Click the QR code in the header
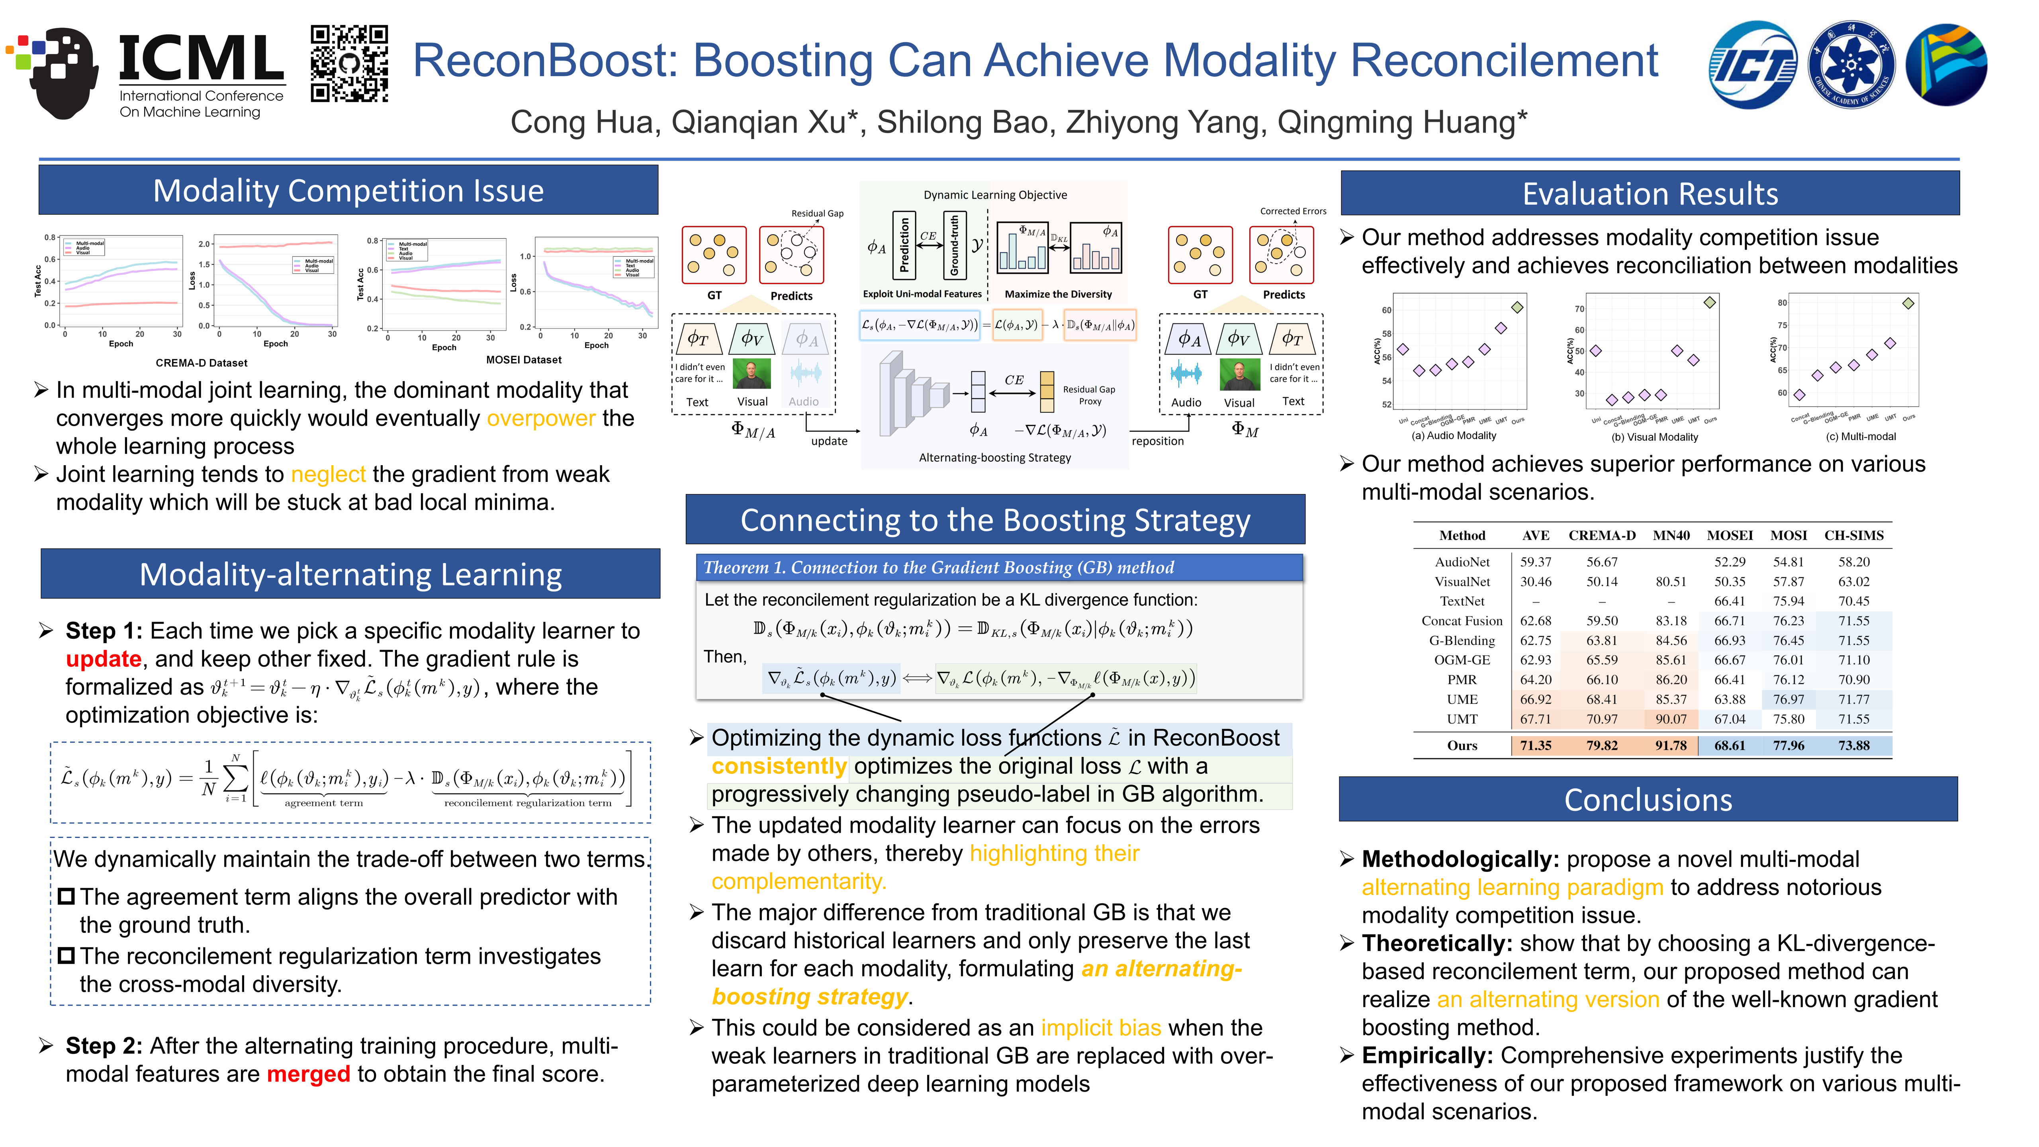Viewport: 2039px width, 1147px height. (x=349, y=64)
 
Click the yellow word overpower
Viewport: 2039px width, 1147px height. (x=541, y=418)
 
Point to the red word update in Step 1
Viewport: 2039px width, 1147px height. (x=103, y=659)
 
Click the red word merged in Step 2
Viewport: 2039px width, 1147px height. (x=308, y=1074)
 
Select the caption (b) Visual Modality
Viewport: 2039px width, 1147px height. (x=1654, y=437)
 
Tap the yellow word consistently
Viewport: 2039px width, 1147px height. (x=779, y=766)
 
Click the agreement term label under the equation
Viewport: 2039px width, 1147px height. (x=324, y=803)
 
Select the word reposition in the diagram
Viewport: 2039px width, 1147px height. (x=1157, y=441)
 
